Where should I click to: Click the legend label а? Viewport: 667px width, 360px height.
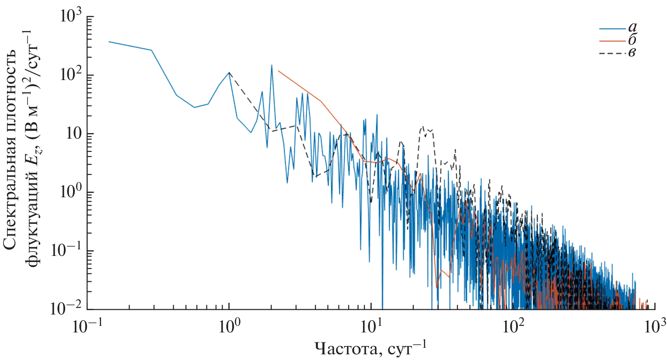(x=632, y=28)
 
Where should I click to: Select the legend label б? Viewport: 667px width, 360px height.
(x=632, y=40)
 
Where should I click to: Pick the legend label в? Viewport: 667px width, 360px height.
(x=632, y=53)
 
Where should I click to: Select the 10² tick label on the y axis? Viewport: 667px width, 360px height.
(x=71, y=76)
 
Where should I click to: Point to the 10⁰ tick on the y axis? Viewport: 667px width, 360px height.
(x=71, y=193)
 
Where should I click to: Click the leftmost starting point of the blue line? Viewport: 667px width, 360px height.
(x=109, y=42)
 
